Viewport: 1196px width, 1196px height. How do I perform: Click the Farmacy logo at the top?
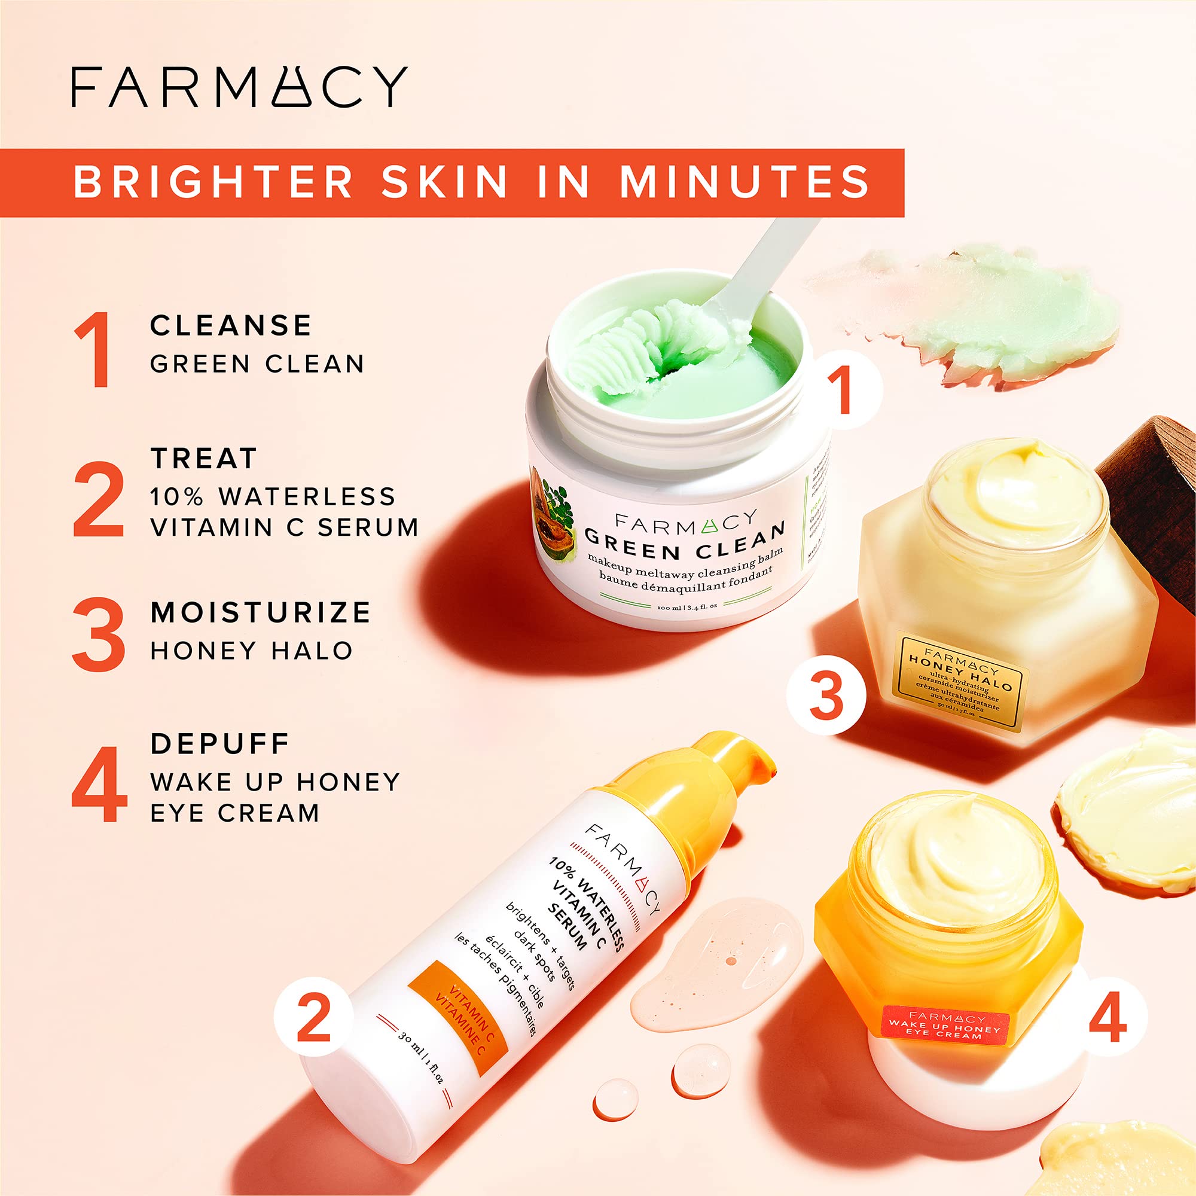tap(239, 87)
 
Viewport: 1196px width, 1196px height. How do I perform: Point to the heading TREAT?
tap(204, 459)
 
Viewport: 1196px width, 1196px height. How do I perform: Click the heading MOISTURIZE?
tap(261, 612)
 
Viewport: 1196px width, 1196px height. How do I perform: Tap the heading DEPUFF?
tap(219, 743)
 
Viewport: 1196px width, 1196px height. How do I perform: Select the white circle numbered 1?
tap(843, 389)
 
